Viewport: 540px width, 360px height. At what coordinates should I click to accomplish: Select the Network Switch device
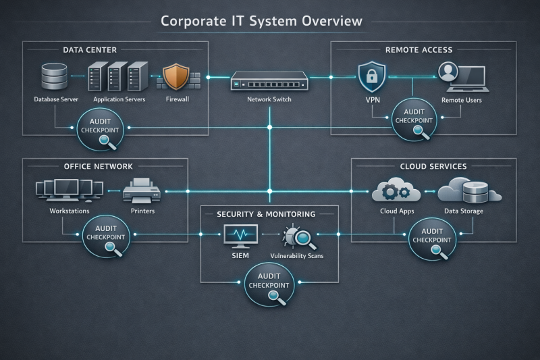click(x=269, y=80)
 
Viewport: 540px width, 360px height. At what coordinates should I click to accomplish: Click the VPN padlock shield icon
click(x=371, y=76)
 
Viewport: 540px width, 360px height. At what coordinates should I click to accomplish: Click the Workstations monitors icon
click(x=65, y=191)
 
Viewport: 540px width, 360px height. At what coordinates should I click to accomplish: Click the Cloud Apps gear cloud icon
click(x=396, y=191)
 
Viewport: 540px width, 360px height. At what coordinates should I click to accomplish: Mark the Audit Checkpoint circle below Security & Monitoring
click(x=269, y=284)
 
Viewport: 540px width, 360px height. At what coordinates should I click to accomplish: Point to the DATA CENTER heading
click(x=90, y=50)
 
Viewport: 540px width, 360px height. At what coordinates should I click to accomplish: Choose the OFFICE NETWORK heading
click(x=98, y=166)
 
